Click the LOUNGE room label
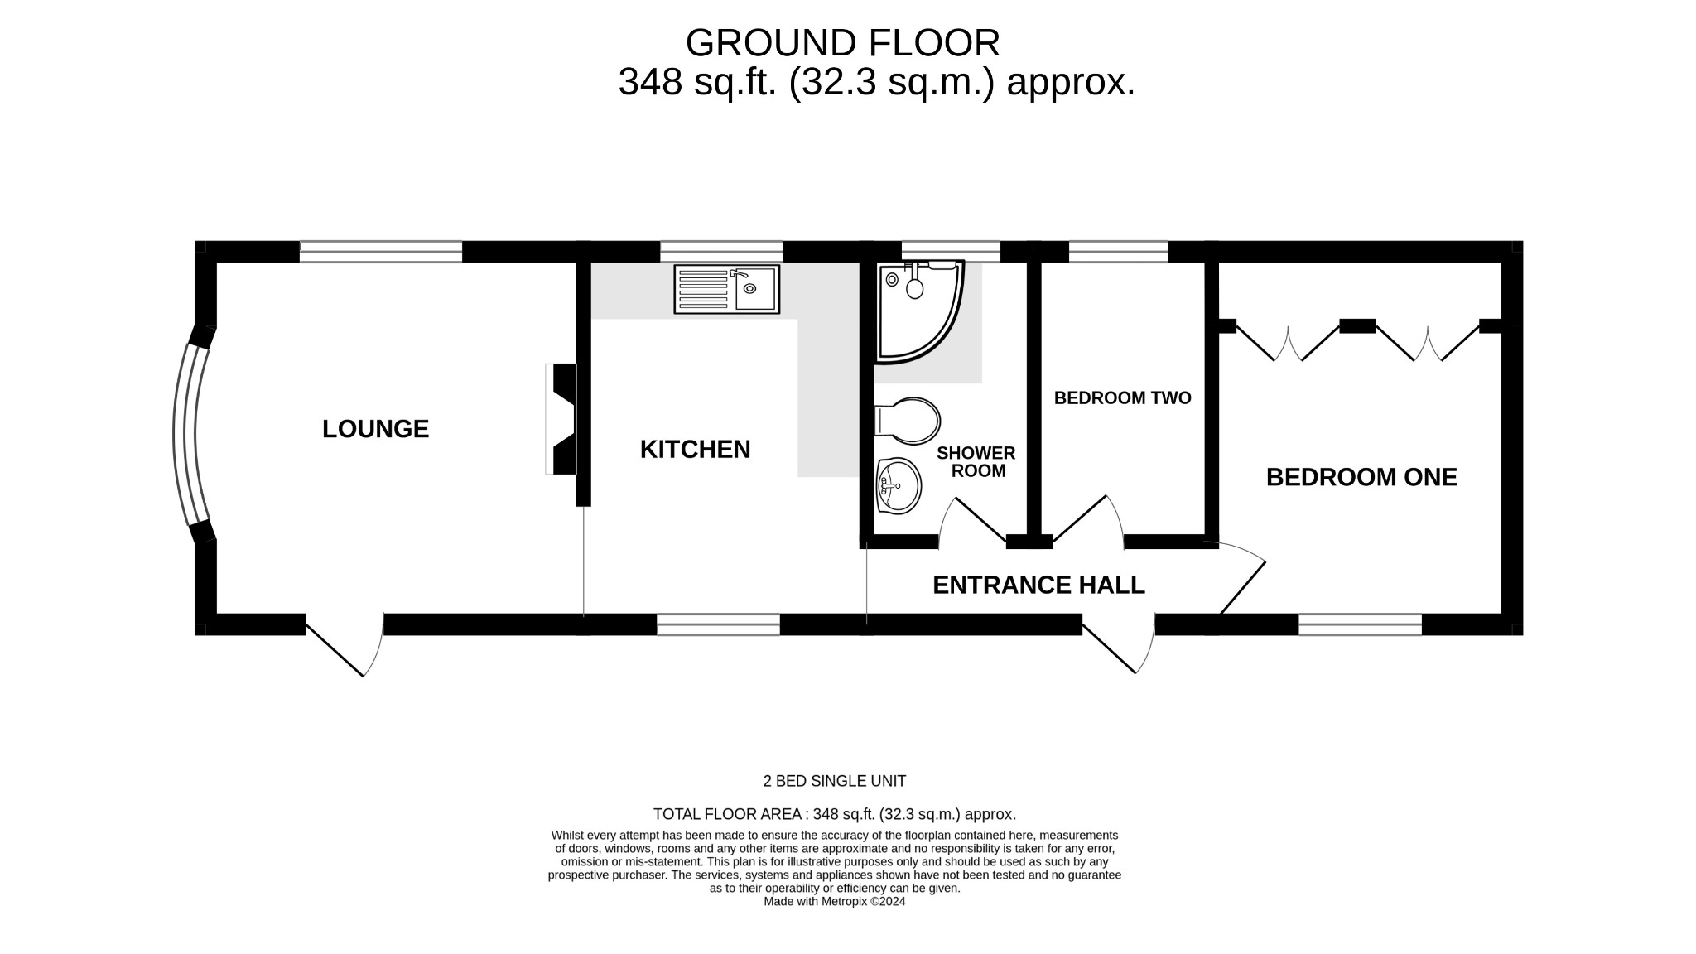pos(375,429)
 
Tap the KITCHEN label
pos(695,450)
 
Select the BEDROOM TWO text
pos(1122,398)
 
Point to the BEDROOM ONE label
pos(1361,477)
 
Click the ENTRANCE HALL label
pos(1038,585)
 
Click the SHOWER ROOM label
pos(976,462)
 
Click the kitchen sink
pos(727,289)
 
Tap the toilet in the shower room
pos(909,421)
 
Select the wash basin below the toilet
pos(899,486)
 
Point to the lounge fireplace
pos(563,419)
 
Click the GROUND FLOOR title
pos(842,43)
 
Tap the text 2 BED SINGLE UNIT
pos(834,781)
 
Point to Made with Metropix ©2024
pos(834,902)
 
